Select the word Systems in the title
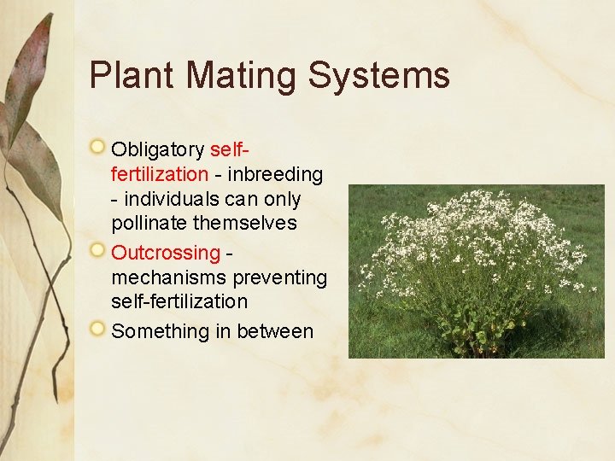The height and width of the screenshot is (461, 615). pos(378,75)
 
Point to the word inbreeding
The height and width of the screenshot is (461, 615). pos(277,174)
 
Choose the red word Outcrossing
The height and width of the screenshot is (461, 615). pos(166,253)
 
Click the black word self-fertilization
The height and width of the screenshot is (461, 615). pos(179,301)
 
